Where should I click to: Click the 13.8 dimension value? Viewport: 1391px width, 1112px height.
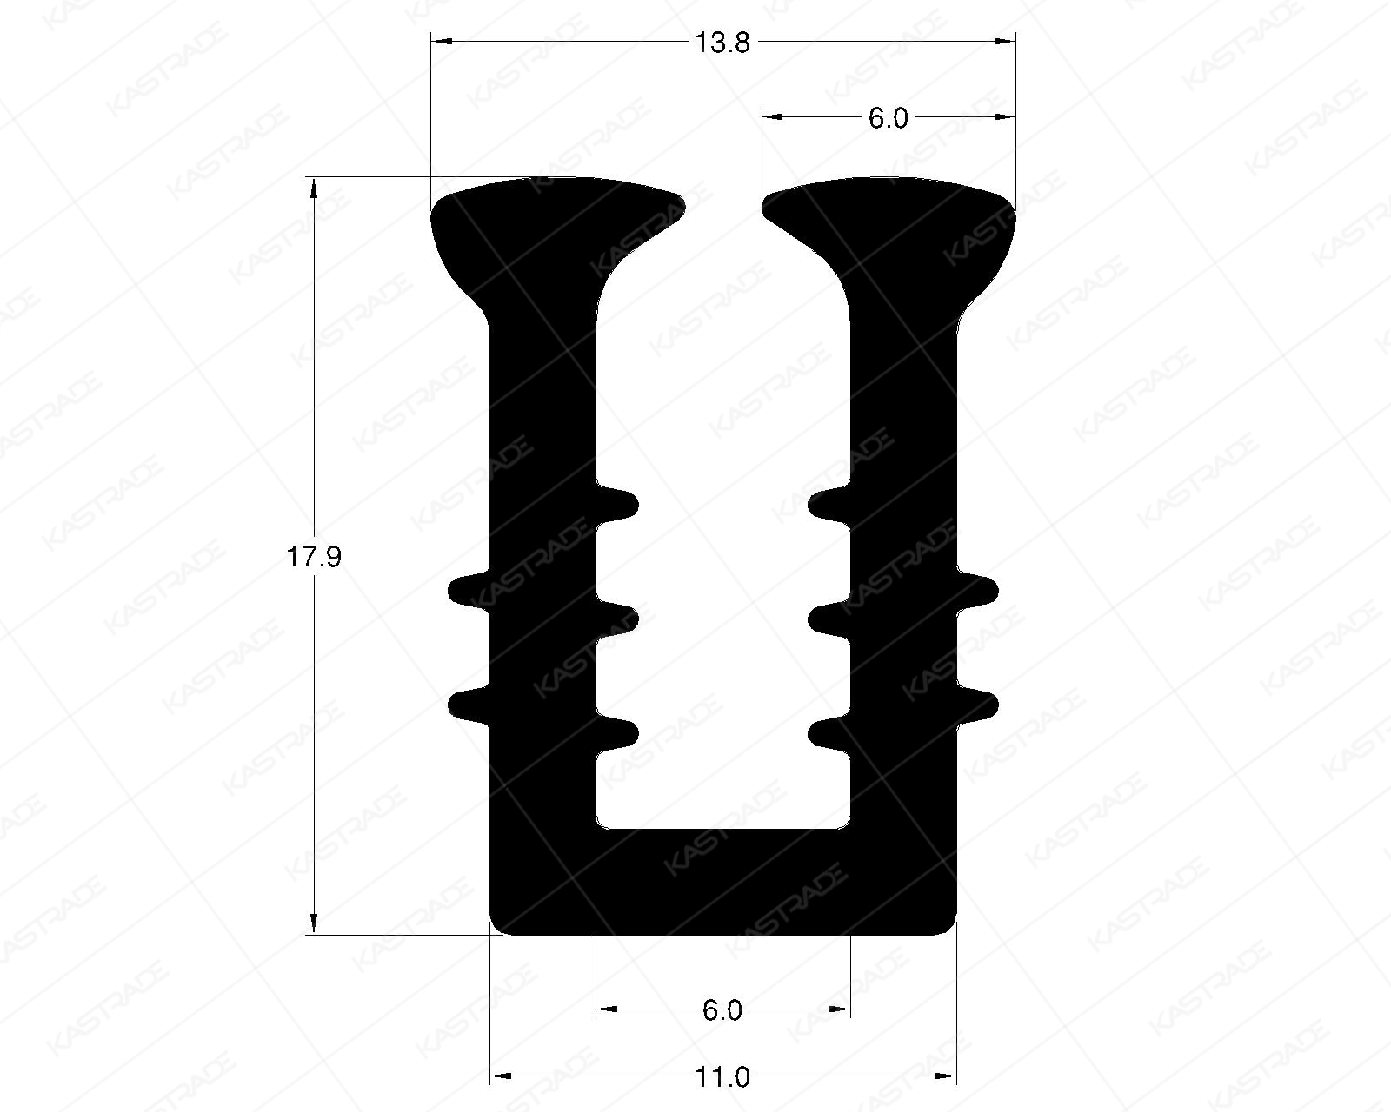(x=722, y=43)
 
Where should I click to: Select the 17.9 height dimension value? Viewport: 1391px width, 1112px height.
(x=314, y=557)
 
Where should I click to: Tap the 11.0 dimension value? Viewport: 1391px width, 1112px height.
(x=722, y=1077)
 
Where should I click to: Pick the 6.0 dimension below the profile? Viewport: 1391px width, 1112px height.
(x=722, y=1010)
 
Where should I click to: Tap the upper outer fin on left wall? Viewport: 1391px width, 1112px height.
(x=468, y=590)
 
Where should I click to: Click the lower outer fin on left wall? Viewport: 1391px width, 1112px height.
(x=468, y=705)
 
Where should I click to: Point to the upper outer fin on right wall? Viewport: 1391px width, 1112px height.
(x=979, y=590)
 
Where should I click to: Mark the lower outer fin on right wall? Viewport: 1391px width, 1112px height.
(x=979, y=705)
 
